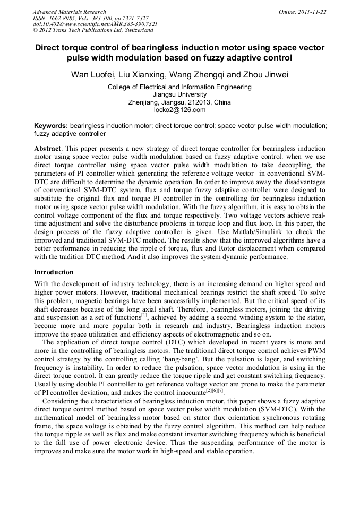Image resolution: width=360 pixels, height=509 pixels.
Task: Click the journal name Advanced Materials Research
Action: [69, 12]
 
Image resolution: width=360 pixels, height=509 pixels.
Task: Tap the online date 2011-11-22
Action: [312, 12]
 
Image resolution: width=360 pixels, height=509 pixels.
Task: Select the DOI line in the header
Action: [95, 24]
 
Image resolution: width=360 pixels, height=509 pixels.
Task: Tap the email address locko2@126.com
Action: [179, 110]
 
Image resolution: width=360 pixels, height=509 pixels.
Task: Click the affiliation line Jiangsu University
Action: [179, 94]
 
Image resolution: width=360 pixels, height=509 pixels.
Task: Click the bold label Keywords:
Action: [51, 126]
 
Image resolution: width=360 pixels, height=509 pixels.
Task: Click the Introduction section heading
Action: [54, 272]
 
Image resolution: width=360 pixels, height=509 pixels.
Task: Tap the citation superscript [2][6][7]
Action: [215, 391]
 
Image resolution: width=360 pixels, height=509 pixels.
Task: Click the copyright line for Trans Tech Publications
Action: [85, 30]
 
